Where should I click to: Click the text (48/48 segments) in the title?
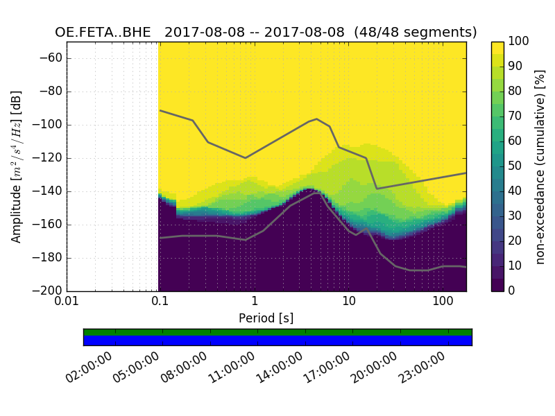(x=416, y=33)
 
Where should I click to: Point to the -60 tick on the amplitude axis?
(x=51, y=58)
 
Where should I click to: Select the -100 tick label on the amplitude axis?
(x=49, y=125)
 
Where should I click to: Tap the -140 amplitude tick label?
(x=49, y=191)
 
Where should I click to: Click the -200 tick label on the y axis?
(x=49, y=291)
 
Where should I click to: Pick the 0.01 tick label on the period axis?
(x=67, y=303)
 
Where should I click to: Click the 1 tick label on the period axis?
(x=255, y=303)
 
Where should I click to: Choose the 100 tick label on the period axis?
(x=443, y=303)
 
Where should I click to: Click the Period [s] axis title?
(x=266, y=319)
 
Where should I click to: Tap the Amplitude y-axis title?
(x=17, y=166)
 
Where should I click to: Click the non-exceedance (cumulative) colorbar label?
(x=540, y=166)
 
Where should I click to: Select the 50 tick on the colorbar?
(x=516, y=166)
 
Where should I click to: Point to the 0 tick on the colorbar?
(x=513, y=291)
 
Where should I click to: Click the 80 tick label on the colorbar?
(x=516, y=92)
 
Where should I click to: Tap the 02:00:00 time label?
(x=89, y=367)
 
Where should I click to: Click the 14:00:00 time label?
(x=280, y=367)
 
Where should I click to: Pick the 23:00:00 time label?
(x=422, y=367)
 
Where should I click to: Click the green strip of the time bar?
(x=277, y=332)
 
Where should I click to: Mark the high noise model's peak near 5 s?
(x=316, y=119)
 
